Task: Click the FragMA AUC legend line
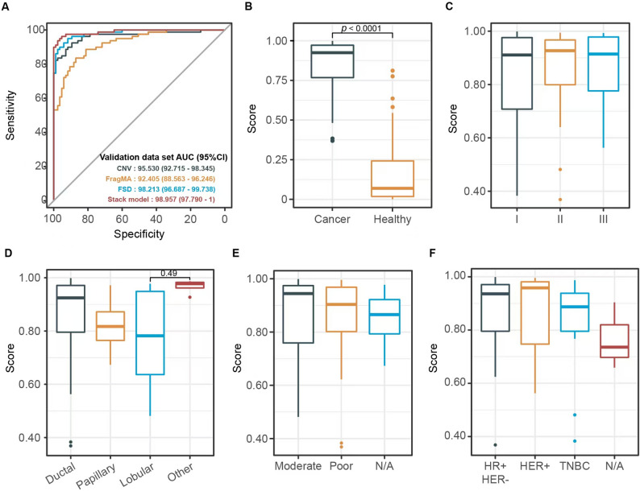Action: tap(160, 179)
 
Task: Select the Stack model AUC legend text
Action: tap(161, 200)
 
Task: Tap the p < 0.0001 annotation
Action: tap(361, 28)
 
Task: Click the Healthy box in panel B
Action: tap(393, 179)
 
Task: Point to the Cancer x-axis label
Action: tap(332, 219)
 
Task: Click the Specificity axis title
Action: tap(139, 234)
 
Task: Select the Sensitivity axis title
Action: tap(10, 115)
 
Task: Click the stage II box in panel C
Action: tap(560, 62)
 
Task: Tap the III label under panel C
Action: tap(603, 219)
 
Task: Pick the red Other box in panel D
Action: tap(189, 285)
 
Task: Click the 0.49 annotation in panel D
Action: tap(169, 274)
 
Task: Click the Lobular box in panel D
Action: tap(150, 333)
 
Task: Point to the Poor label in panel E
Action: tap(341, 466)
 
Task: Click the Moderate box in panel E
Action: tap(298, 314)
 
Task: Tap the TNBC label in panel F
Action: tap(575, 466)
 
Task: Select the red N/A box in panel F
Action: tap(614, 341)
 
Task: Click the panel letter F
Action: tap(432, 254)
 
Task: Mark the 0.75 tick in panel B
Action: tap(276, 80)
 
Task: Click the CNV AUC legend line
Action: tap(166, 168)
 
